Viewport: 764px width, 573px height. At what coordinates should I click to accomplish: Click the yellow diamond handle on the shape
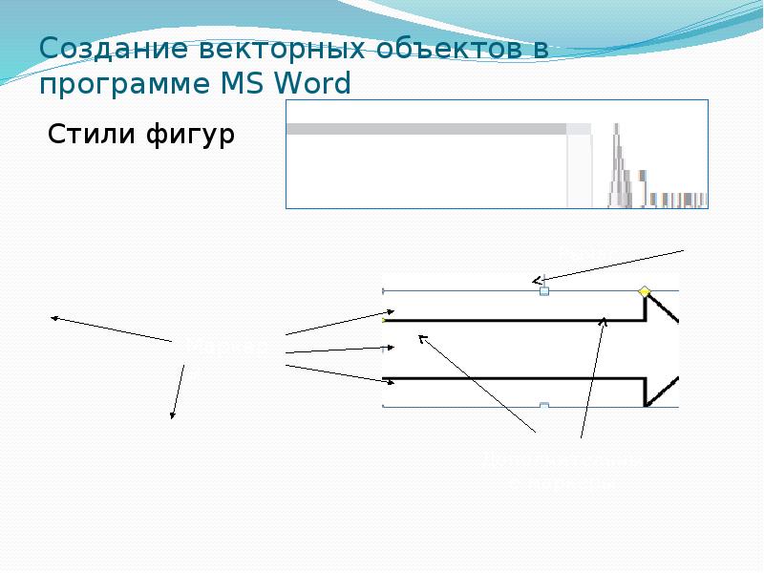click(644, 291)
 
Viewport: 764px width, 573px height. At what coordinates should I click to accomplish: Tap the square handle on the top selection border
click(544, 290)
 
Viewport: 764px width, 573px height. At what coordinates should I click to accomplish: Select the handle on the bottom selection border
click(544, 406)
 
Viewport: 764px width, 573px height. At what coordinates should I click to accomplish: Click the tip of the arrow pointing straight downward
click(172, 417)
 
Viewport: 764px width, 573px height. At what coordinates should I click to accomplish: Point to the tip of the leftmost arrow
click(53, 317)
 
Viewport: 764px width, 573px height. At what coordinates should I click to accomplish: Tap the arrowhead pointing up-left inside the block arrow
click(420, 336)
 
